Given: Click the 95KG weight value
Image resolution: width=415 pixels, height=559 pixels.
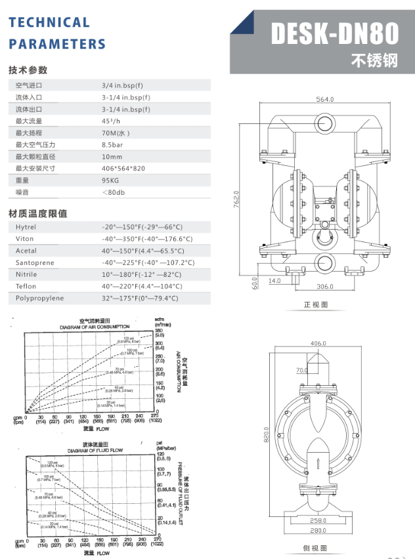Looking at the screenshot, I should (110, 180).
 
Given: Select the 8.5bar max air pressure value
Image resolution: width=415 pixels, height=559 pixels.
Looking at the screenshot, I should (113, 144).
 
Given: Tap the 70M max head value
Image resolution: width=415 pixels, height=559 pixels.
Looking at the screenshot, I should (116, 133).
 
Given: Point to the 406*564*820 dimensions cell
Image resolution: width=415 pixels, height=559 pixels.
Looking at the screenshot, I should (124, 169).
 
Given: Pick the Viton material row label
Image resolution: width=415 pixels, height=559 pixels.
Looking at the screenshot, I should (24, 239).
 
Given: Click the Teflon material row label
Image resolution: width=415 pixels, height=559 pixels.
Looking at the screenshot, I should (26, 286).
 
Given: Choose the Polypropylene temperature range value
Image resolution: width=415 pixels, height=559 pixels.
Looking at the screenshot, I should (140, 298).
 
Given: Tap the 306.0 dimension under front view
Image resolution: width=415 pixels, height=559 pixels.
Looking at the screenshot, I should (326, 287).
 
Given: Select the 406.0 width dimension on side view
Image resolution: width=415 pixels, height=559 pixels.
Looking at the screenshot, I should (318, 343).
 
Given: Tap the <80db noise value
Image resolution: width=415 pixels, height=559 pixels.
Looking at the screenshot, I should (113, 192).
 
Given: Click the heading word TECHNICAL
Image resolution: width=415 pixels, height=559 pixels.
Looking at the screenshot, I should (49, 22).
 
